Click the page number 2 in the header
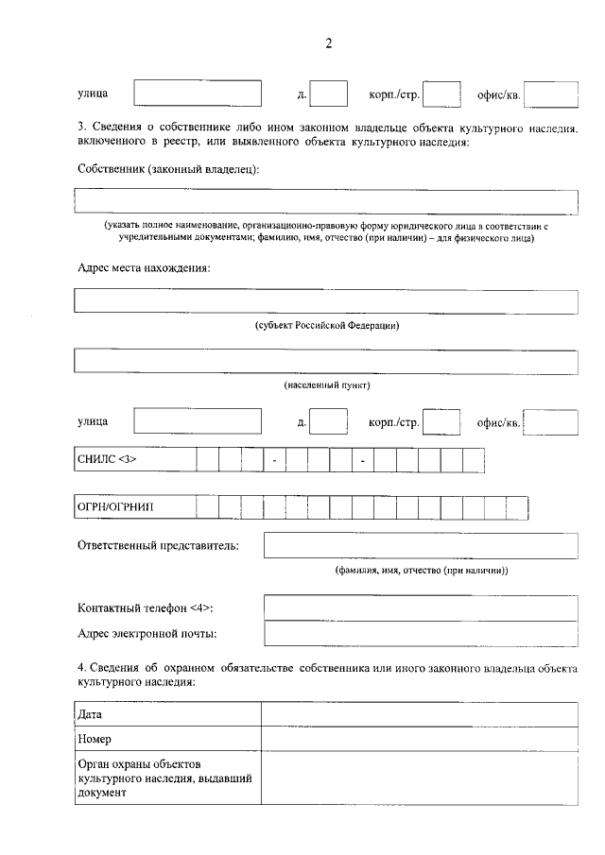(328, 43)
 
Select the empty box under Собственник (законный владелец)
(326, 202)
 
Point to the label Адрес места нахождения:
(143, 267)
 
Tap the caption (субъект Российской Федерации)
(326, 326)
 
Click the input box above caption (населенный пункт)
(326, 363)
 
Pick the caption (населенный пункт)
(326, 386)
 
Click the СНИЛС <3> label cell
(134, 459)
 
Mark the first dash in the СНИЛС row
(274, 460)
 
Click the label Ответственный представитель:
(158, 545)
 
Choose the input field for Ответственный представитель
(421, 546)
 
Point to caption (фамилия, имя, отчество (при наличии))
(421, 571)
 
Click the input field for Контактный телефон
(421, 607)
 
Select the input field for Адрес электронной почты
(421, 633)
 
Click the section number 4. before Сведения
(83, 669)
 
